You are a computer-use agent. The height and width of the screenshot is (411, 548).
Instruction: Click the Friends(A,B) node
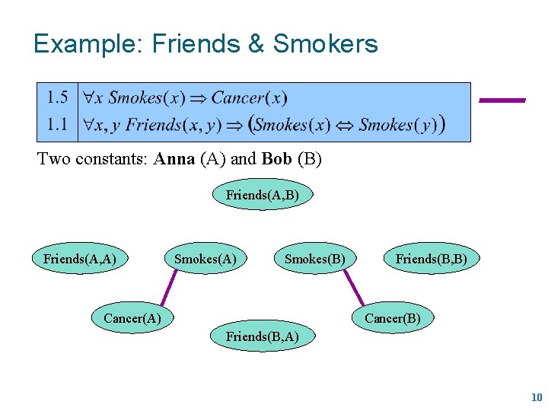(x=262, y=195)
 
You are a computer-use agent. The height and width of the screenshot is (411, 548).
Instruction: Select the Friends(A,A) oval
(x=80, y=259)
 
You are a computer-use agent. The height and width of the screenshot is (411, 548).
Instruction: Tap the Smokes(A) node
(x=205, y=259)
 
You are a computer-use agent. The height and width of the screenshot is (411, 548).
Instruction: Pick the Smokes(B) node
(x=315, y=259)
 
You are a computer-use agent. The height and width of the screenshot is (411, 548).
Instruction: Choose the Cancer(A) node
(x=132, y=318)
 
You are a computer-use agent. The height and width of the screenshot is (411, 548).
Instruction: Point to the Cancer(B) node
(x=392, y=318)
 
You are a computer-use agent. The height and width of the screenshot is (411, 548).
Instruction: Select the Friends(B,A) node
(x=262, y=336)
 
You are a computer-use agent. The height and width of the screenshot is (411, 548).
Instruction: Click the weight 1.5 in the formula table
(x=57, y=97)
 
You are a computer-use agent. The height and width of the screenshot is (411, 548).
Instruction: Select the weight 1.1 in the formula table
(x=57, y=124)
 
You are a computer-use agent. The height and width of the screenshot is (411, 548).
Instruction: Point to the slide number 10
(x=536, y=397)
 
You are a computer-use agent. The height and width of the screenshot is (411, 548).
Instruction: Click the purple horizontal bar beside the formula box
(x=502, y=100)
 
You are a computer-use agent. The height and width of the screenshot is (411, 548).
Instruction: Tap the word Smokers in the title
(x=325, y=44)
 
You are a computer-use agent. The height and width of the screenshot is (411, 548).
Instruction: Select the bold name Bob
(x=276, y=161)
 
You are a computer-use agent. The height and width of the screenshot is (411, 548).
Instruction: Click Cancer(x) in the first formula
(x=249, y=97)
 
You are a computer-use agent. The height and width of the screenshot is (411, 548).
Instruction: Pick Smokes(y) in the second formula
(x=398, y=124)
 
